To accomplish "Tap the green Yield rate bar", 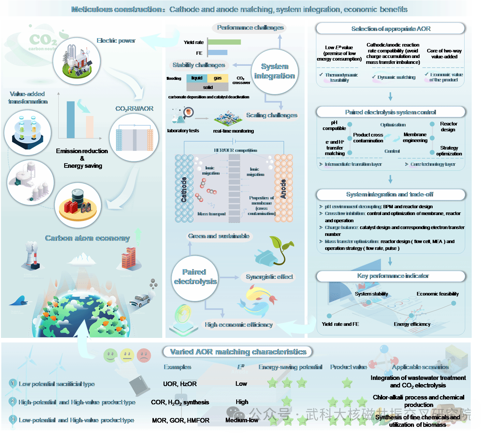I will tap(224, 42).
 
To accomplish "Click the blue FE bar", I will tap(217, 52).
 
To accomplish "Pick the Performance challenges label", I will tap(250, 28).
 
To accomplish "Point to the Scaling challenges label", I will tap(271, 115).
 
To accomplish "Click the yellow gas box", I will tap(218, 78).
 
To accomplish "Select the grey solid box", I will tap(208, 87).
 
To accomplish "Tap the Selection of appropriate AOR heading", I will tap(391, 29).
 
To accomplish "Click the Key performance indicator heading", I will tap(393, 276).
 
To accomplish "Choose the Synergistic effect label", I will tap(269, 277).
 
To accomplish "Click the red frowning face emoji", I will tap(144, 355).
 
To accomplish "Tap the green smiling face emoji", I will tap(110, 355).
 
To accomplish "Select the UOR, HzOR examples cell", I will tap(180, 384).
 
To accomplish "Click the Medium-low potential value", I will tap(242, 420).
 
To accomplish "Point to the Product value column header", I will tap(349, 367).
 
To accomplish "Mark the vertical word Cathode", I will tap(184, 190).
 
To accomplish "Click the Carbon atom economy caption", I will tap(87, 238).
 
